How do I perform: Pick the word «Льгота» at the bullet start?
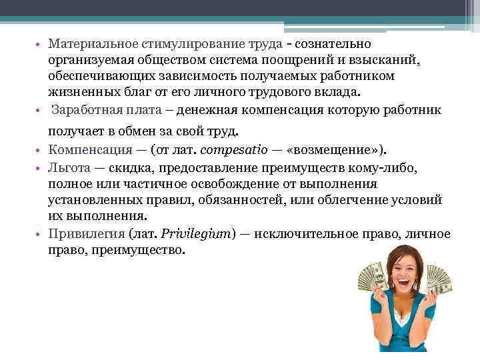pos(69,166)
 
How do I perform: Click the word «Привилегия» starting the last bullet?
pos(81,234)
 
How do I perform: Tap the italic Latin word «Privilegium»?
pos(197,234)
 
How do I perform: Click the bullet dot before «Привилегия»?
pos(39,235)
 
